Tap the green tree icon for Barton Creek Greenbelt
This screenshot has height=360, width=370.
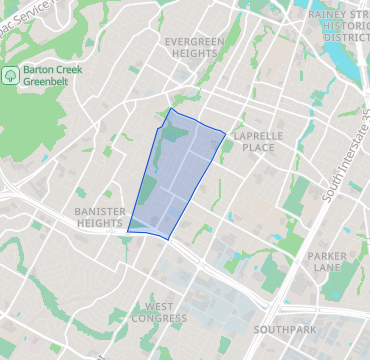pos(11,74)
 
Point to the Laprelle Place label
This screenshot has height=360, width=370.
pos(253,140)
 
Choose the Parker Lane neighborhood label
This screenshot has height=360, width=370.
pos(327,262)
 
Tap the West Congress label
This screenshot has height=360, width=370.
pos(166,312)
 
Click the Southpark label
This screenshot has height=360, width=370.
pos(284,329)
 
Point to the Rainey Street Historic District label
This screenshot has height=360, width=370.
pos(344,25)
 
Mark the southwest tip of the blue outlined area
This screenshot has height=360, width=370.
pos(128,231)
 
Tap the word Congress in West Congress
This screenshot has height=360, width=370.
pos(166,319)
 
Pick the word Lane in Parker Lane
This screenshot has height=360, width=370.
pos(327,268)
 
